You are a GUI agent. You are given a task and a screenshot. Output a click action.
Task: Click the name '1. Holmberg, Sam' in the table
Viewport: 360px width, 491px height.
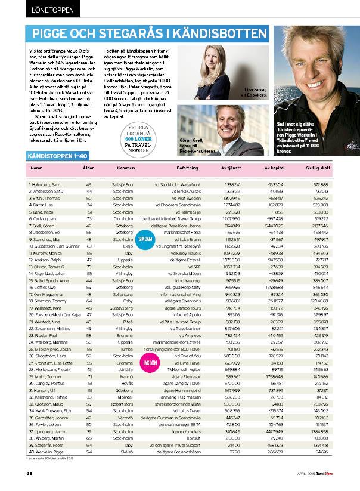pos(45,186)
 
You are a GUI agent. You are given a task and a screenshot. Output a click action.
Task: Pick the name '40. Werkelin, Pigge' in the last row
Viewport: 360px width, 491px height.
pos(46,452)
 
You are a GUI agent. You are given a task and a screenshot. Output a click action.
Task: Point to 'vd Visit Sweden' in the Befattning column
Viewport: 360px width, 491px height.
pos(185,197)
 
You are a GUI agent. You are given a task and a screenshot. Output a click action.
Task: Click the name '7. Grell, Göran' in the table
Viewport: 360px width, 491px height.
pos(42,226)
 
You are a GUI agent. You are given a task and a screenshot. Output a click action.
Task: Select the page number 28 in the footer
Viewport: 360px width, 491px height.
pos(30,474)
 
